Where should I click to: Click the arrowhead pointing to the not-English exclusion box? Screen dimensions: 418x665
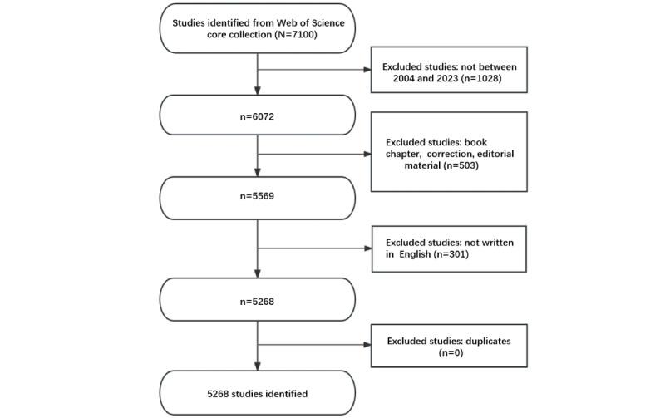[x=367, y=248]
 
